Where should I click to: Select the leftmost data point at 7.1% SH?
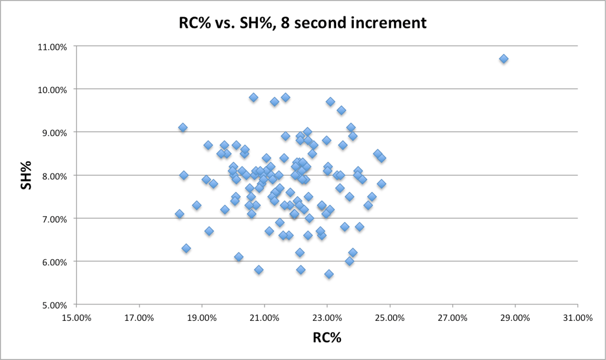[179, 214]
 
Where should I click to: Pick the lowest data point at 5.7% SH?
[329, 274]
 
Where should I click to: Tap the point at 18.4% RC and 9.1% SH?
[183, 127]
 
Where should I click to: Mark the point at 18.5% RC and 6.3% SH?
[186, 248]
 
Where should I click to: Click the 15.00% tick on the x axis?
[76, 317]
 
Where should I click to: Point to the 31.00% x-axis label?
[577, 317]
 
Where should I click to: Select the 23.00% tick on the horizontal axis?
[327, 317]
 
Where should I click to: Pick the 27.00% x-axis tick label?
[452, 317]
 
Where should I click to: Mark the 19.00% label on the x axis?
[202, 317]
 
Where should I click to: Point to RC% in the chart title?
[195, 24]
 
